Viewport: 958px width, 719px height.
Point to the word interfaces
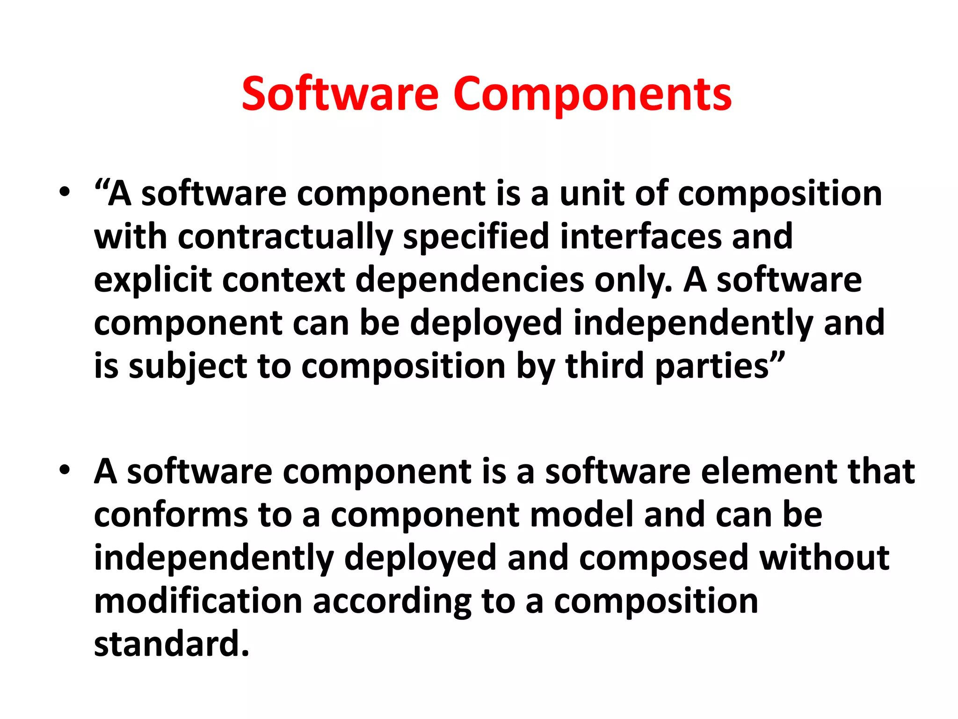(640, 236)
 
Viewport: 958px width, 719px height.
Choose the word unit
(592, 193)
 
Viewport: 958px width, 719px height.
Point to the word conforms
(171, 515)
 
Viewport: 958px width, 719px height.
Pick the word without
(824, 558)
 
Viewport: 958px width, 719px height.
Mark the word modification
(198, 602)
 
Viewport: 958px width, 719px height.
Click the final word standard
(171, 645)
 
